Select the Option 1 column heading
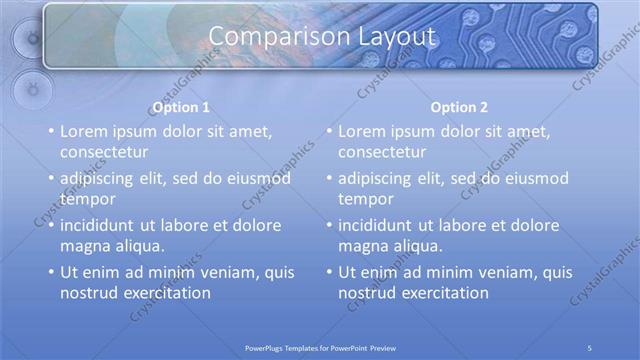click(181, 107)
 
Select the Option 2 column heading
click(459, 107)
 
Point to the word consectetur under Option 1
click(104, 152)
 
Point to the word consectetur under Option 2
click(382, 152)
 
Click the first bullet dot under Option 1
click(51, 132)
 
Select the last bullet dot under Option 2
click(329, 272)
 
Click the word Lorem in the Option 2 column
click(361, 131)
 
